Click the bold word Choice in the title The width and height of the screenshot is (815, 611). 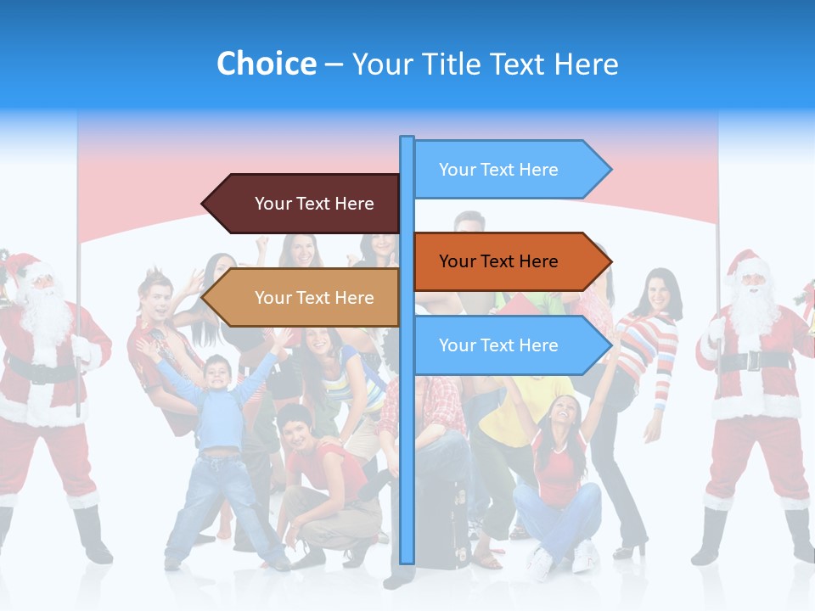(x=266, y=64)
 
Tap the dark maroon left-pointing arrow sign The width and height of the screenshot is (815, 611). (x=301, y=204)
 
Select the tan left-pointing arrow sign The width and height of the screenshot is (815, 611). (x=301, y=298)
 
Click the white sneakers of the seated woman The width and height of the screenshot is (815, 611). (x=560, y=560)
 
